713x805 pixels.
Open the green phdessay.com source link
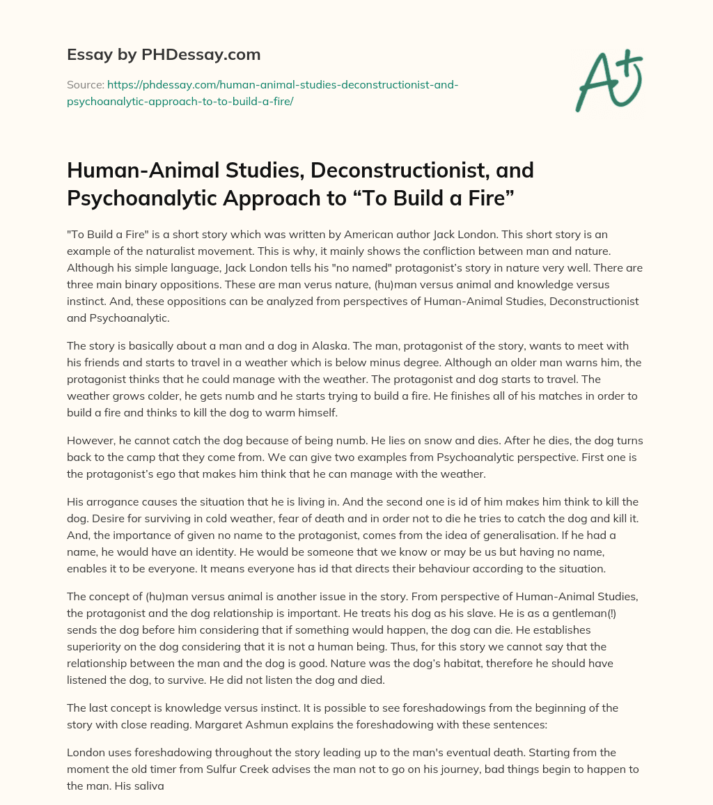point(262,93)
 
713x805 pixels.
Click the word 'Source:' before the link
point(85,85)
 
